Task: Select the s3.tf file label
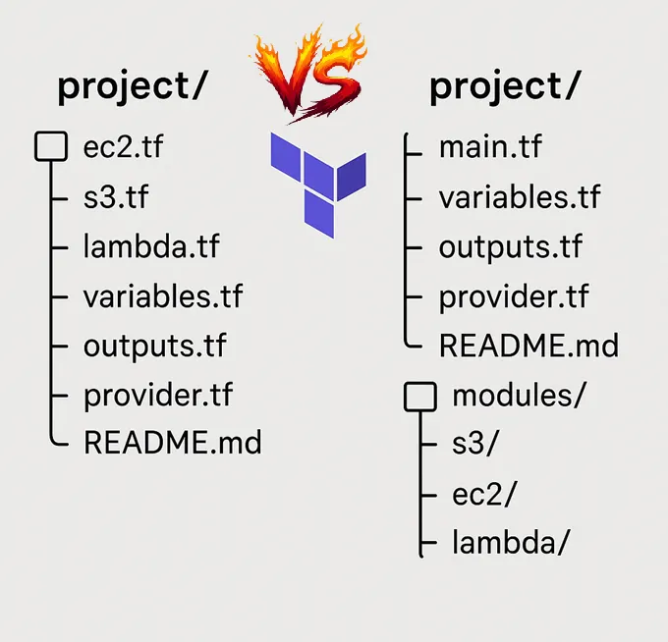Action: pos(116,197)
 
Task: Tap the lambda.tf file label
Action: pos(151,245)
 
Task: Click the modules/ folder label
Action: pos(519,396)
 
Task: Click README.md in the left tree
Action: pos(173,442)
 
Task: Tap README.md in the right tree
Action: pos(529,346)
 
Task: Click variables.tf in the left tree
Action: pos(163,294)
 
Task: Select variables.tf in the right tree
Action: pos(520,197)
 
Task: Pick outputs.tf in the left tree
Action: pos(154,345)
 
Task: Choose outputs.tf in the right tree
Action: pos(510,246)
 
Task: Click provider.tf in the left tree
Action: pos(158,394)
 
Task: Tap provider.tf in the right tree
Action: pos(514,296)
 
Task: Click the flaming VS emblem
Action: pos(311,72)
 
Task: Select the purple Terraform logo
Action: pos(317,183)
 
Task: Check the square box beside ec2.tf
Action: pos(50,147)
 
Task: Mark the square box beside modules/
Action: pos(420,396)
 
